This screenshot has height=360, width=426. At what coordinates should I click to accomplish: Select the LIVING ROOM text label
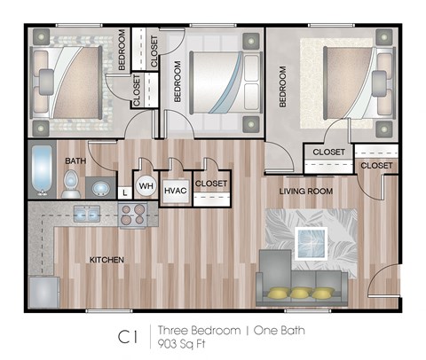tap(305, 191)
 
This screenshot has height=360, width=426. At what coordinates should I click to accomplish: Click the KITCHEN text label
tap(106, 260)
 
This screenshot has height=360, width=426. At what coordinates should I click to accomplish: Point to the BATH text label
tap(76, 160)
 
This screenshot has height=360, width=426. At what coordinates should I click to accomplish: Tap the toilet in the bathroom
tap(71, 184)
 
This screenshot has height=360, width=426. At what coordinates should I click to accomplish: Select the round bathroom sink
tap(101, 189)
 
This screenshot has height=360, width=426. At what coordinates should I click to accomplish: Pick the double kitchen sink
tap(86, 213)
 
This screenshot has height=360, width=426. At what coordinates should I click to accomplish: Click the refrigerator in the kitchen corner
tap(43, 292)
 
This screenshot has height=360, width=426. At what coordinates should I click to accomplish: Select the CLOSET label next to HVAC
tap(210, 184)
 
